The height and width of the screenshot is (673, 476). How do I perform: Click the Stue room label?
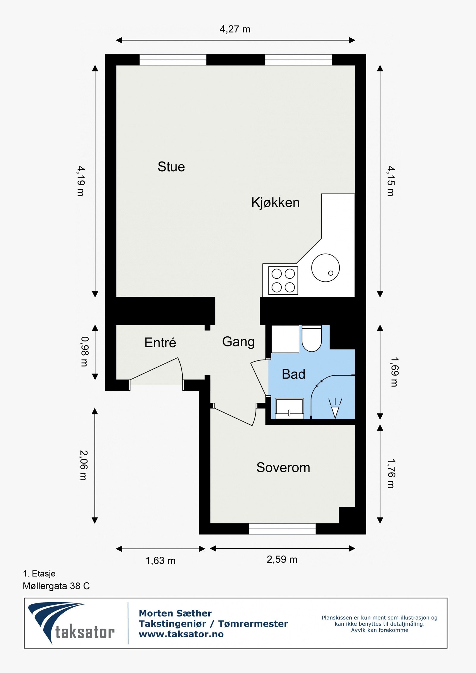pyautogui.click(x=171, y=167)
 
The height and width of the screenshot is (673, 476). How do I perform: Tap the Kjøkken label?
pyautogui.click(x=275, y=203)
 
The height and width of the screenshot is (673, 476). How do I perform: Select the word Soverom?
pyautogui.click(x=283, y=468)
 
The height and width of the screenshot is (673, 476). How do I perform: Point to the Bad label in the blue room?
pyautogui.click(x=294, y=374)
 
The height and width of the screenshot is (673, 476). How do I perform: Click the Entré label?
pyautogui.click(x=160, y=342)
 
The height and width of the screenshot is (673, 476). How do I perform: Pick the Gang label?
pyautogui.click(x=238, y=342)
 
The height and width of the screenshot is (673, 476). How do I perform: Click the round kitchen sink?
pyautogui.click(x=325, y=268)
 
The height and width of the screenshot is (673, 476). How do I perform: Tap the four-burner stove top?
pyautogui.click(x=283, y=280)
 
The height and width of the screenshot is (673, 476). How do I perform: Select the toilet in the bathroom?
pyautogui.click(x=312, y=338)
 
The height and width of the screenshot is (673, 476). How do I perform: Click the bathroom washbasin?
pyautogui.click(x=289, y=408)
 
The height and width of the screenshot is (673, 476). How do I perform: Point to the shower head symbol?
pyautogui.click(x=335, y=409)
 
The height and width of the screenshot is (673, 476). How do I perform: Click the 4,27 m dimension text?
pyautogui.click(x=235, y=29)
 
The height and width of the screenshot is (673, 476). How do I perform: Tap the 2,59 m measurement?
pyautogui.click(x=282, y=559)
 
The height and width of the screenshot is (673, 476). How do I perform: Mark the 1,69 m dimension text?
pyautogui.click(x=394, y=372)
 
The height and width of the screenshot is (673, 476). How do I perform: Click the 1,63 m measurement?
pyautogui.click(x=160, y=561)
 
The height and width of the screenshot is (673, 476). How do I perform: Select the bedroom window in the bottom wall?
pyautogui.click(x=282, y=529)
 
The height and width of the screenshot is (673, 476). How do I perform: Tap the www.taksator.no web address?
pyautogui.click(x=181, y=634)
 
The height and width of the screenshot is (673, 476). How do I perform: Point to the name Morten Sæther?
pyautogui.click(x=175, y=613)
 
